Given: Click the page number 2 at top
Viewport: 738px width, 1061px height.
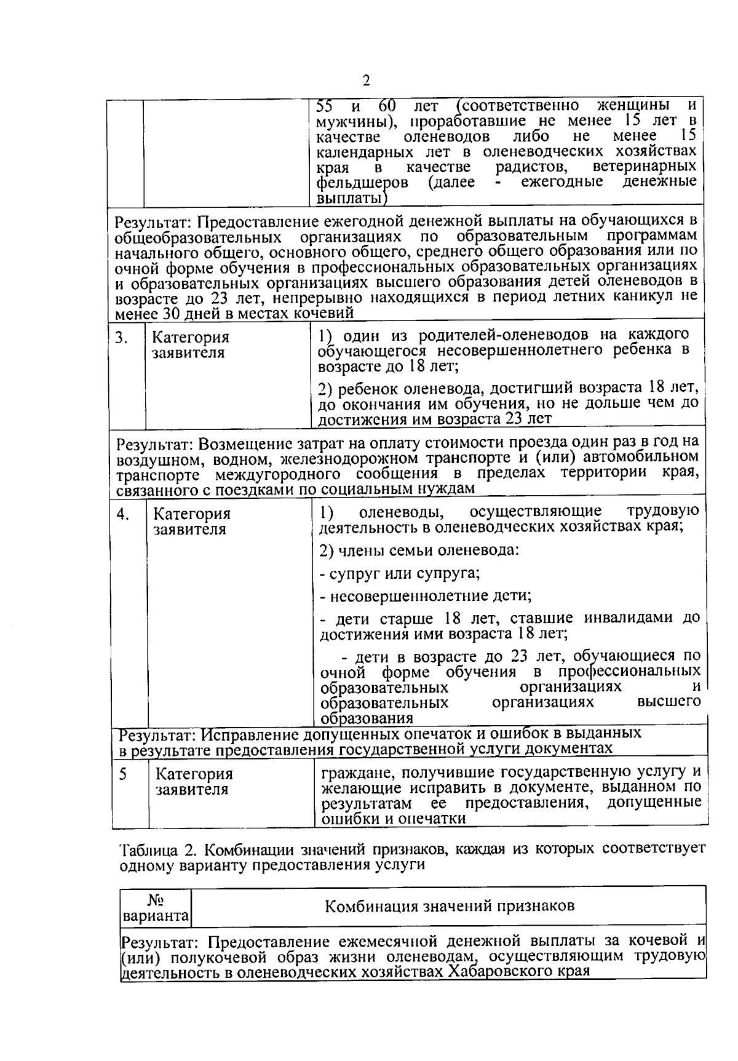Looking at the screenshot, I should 367,81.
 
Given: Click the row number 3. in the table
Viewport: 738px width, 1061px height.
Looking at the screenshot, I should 122,338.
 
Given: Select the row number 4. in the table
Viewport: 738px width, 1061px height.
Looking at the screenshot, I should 123,514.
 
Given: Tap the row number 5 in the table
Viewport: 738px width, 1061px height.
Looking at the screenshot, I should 123,774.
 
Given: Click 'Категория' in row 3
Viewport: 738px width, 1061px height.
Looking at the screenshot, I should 190,338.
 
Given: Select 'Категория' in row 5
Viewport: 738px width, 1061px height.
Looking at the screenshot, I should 194,774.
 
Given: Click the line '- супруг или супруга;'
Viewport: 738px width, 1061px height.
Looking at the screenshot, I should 400,573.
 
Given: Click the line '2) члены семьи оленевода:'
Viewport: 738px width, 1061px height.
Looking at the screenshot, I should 419,550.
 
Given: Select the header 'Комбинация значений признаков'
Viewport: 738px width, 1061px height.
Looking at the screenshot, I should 450,905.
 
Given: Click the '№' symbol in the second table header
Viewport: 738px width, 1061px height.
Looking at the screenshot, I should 156,899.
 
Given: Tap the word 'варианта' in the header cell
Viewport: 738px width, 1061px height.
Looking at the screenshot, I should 156,916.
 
